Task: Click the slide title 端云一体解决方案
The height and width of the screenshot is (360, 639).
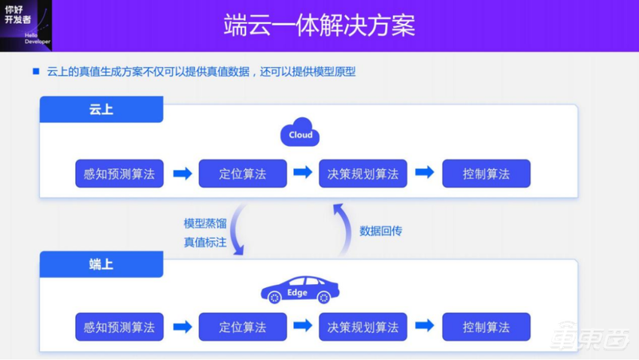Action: [319, 26]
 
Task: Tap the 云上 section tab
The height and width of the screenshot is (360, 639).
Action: [101, 110]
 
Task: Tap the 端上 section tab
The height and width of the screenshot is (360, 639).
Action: [101, 264]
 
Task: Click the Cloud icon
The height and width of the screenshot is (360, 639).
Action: [299, 133]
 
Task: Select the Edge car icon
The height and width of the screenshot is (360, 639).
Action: [300, 290]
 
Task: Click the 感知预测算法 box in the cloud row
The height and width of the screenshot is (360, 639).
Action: [119, 174]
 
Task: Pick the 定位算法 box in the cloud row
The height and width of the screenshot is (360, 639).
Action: [242, 174]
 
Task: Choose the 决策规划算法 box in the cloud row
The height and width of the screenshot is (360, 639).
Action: [362, 174]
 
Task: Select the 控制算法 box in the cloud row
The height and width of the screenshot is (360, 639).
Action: [486, 174]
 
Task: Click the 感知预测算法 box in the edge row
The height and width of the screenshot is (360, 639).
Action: [119, 327]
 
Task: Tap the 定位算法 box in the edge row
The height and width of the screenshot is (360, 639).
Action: [242, 327]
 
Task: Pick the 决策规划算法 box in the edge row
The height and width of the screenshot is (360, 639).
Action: [362, 327]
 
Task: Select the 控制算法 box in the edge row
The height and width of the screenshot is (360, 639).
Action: [486, 327]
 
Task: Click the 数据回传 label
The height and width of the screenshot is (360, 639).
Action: [380, 231]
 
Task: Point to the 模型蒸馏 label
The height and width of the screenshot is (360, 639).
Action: [204, 223]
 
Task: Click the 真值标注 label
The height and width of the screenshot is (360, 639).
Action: [204, 242]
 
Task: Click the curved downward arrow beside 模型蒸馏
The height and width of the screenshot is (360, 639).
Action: [238, 230]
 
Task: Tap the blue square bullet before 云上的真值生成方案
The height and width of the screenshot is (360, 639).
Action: [35, 71]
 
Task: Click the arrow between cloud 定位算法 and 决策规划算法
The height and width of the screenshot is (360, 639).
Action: [302, 173]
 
